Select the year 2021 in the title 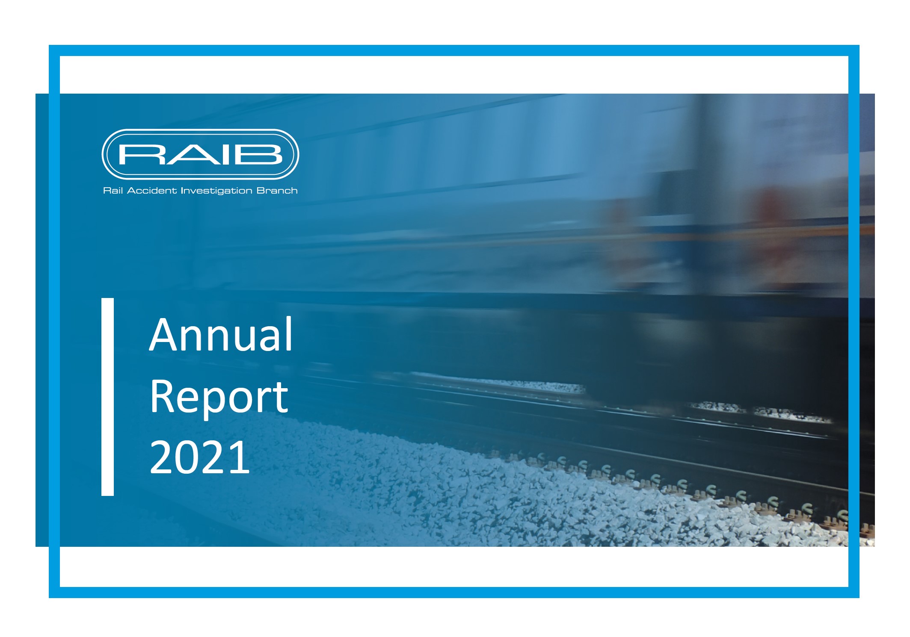point(200,457)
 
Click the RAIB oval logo point(200,154)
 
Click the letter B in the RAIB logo point(262,154)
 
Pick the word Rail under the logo point(113,190)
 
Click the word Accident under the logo point(152,190)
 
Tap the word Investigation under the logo point(216,191)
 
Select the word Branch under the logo point(277,190)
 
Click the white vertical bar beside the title point(107,397)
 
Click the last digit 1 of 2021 point(241,457)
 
